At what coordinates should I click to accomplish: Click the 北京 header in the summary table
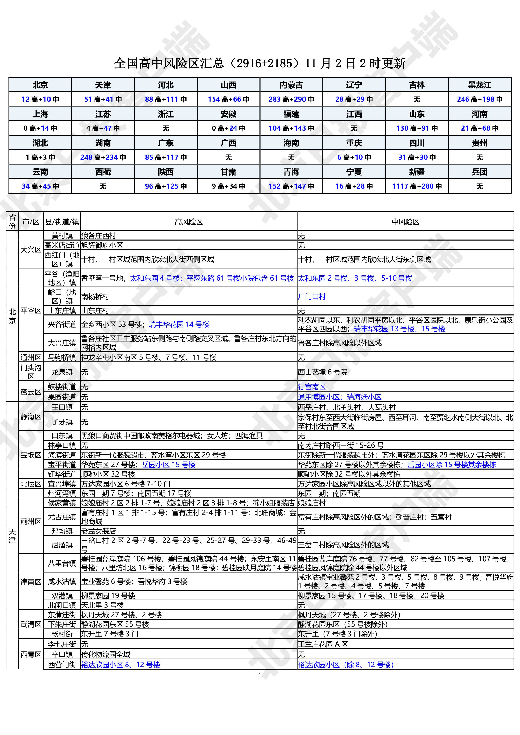(x=40, y=85)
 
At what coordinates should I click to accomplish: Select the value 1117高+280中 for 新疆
(x=417, y=186)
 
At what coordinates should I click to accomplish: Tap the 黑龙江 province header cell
(x=479, y=85)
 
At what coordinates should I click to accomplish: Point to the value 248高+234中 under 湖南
(x=103, y=157)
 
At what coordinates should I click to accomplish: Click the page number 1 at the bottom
(x=260, y=676)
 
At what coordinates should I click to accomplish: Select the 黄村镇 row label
(x=62, y=236)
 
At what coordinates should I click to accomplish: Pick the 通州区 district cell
(x=31, y=357)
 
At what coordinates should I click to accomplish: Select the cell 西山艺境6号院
(x=322, y=372)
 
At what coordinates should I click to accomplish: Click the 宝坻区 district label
(x=31, y=455)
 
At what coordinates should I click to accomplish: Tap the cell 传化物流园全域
(x=106, y=654)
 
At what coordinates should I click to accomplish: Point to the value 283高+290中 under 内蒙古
(x=291, y=99)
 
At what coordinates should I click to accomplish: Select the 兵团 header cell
(x=479, y=172)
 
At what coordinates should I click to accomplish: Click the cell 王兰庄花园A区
(x=323, y=644)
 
